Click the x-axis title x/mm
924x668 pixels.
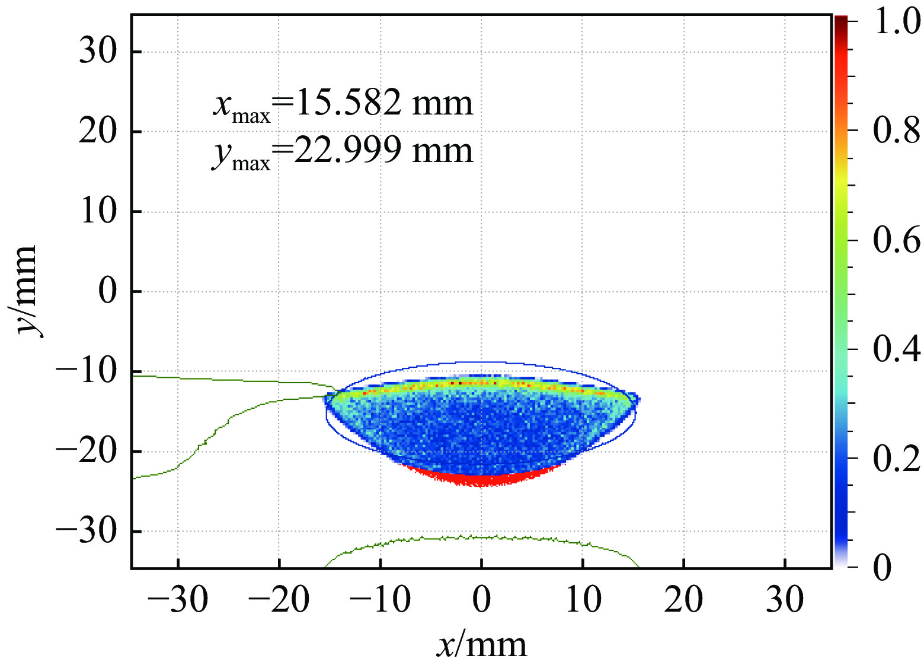[481, 645]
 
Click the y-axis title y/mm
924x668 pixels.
[26, 291]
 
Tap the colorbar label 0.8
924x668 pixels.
[897, 131]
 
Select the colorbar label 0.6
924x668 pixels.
[897, 240]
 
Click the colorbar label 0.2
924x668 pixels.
[897, 458]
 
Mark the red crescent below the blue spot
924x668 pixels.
[481, 478]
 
